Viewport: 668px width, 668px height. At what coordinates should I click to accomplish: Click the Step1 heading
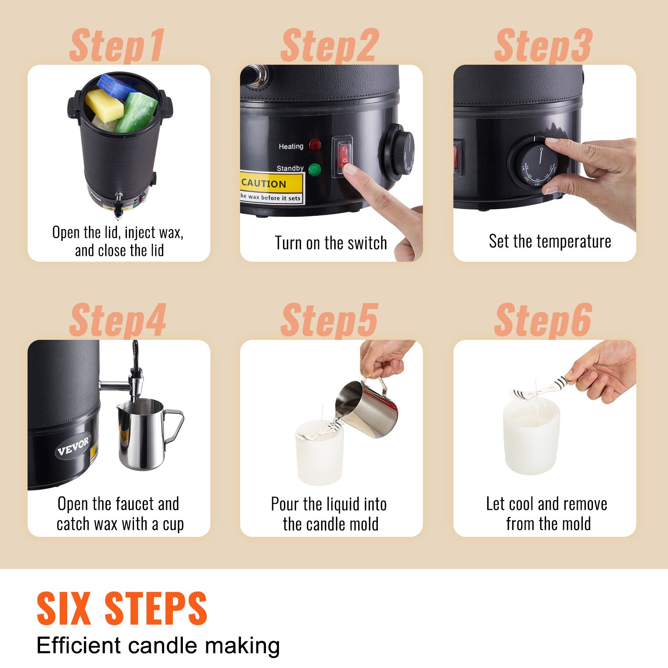(x=117, y=46)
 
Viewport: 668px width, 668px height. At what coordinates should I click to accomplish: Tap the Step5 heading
(x=330, y=321)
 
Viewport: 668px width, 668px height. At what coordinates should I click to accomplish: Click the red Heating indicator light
(x=315, y=146)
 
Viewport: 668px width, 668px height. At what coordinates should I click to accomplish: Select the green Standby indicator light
(x=314, y=170)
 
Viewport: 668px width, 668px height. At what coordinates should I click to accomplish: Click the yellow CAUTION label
(x=271, y=183)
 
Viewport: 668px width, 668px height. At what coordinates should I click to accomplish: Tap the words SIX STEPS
(x=122, y=608)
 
